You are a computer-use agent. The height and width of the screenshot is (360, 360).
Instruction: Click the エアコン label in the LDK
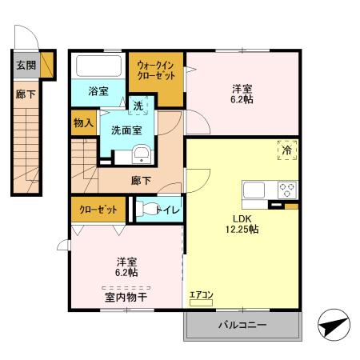(x=201, y=295)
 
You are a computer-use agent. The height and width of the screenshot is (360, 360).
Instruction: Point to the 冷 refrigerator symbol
(x=286, y=147)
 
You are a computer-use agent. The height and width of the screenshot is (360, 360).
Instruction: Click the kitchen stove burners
(x=286, y=190)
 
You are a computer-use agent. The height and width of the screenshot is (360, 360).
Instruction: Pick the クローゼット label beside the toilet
(x=98, y=210)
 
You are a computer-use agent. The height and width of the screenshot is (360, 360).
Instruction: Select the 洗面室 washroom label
(x=127, y=130)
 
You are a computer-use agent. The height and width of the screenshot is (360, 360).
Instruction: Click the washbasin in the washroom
(x=142, y=154)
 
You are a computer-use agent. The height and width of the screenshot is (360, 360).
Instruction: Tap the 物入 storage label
(x=83, y=123)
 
